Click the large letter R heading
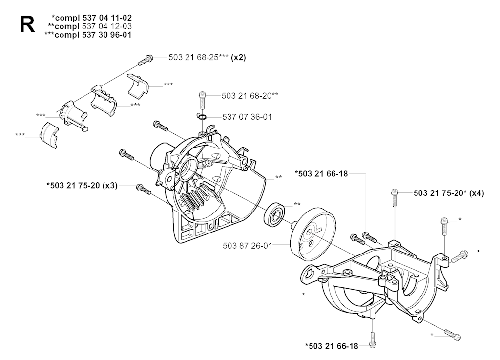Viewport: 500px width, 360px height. point(27,25)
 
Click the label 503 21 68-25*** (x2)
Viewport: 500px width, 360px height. point(207,58)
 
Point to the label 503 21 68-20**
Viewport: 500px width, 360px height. point(250,96)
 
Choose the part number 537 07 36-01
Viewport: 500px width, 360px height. point(247,117)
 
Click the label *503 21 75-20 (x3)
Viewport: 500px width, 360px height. point(82,185)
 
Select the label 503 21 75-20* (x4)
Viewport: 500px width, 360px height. point(449,193)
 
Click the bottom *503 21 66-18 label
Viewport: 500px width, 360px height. point(332,346)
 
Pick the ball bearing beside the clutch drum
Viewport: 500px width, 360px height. point(274,215)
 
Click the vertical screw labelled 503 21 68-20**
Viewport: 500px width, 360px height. point(202,100)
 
